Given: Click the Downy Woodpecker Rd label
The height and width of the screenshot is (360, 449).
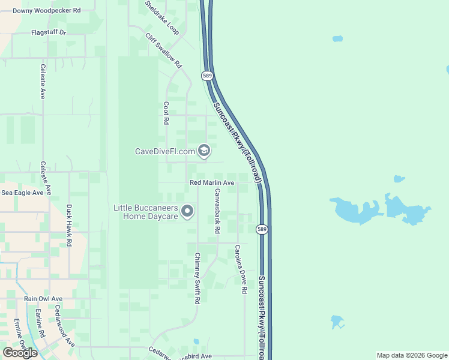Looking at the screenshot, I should click(x=47, y=11).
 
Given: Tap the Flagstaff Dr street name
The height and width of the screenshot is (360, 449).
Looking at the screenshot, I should click(x=49, y=32).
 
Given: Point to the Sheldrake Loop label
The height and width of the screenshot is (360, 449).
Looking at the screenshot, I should click(x=161, y=17).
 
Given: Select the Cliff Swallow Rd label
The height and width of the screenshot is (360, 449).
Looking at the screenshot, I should click(x=163, y=50).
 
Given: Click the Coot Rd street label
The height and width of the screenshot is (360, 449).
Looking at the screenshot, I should click(x=166, y=112).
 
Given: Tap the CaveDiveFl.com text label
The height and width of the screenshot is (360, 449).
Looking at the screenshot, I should click(x=165, y=151).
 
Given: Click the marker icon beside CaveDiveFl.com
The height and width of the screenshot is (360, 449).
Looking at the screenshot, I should click(x=203, y=151).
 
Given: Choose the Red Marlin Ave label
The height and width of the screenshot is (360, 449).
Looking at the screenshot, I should click(x=212, y=182).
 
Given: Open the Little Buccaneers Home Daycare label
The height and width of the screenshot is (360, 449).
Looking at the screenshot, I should click(x=146, y=212).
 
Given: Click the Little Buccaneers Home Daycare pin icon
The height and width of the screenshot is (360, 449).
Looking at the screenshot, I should click(x=187, y=211).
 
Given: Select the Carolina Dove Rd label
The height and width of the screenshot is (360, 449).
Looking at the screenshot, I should click(x=241, y=269).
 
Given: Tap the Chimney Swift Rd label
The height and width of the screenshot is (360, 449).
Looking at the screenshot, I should click(x=197, y=278).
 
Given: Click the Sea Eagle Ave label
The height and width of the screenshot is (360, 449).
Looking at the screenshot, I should click(x=22, y=193).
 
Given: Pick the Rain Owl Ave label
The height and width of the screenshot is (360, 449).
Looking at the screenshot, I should click(x=43, y=298).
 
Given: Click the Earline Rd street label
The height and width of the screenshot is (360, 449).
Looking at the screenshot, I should click(x=39, y=322).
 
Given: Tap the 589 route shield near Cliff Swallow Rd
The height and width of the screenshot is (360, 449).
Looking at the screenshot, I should click(x=207, y=76).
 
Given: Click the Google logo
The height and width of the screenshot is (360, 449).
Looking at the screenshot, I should click(x=19, y=353).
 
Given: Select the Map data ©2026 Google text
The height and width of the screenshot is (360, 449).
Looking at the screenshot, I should click(x=412, y=355).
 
